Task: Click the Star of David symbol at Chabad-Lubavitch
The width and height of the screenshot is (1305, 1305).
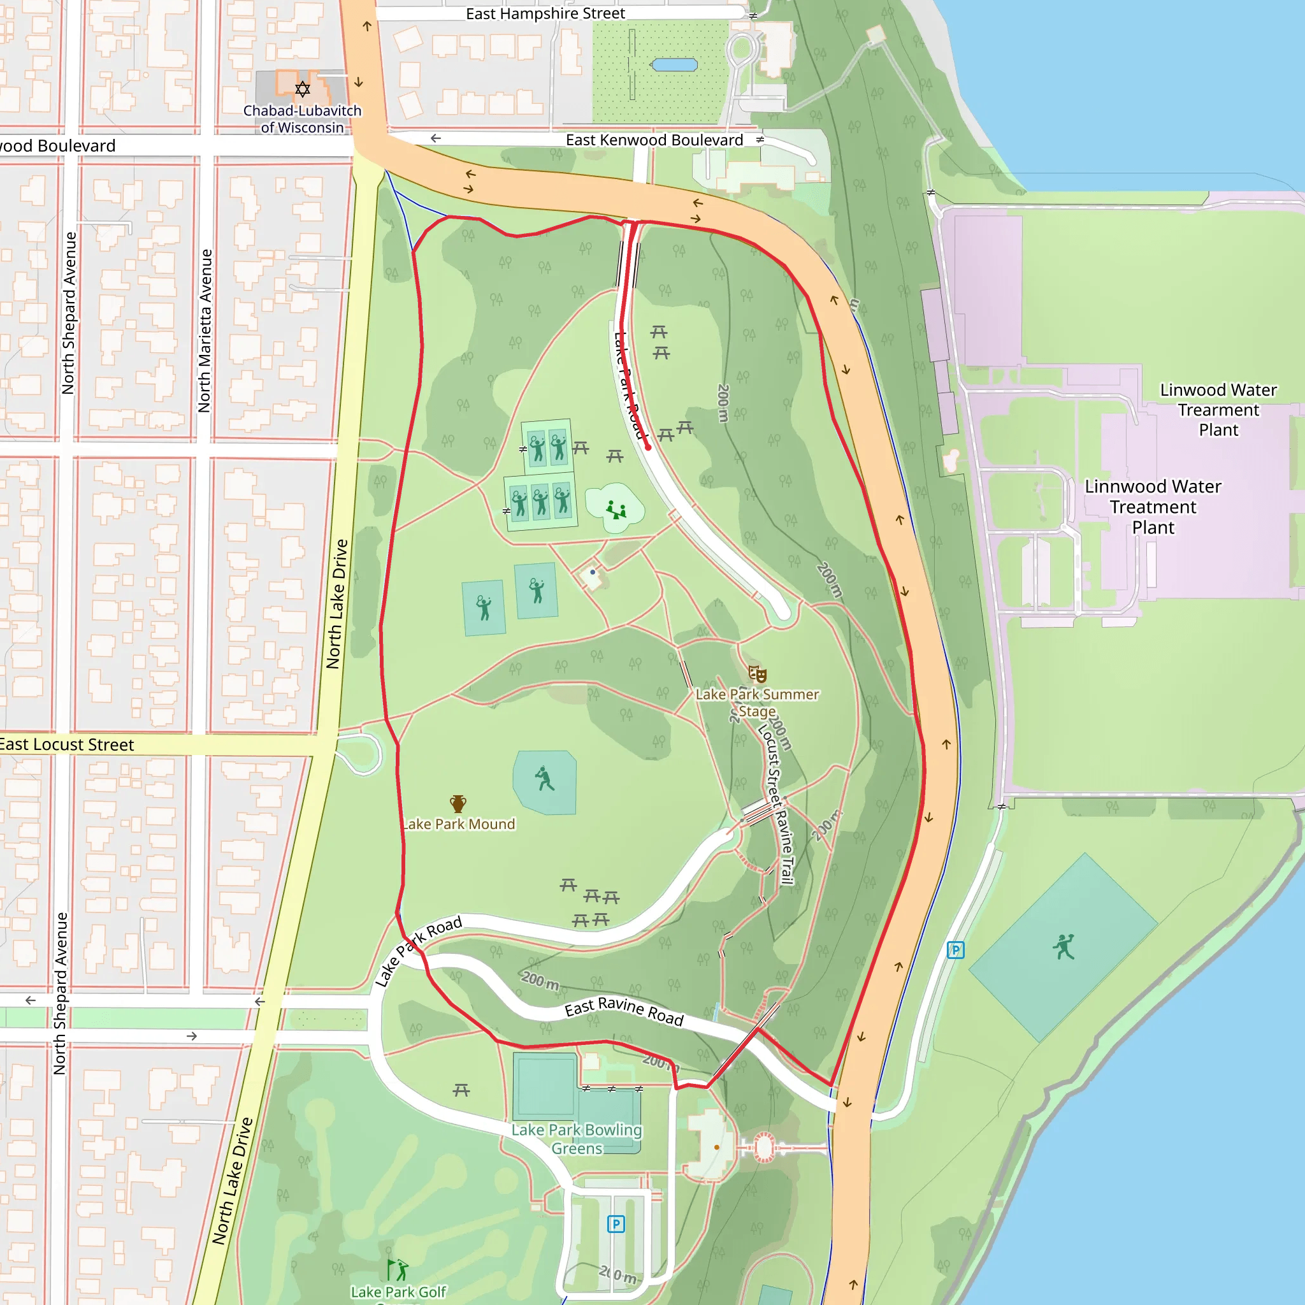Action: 303,89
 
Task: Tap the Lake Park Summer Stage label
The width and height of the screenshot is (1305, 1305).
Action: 756,702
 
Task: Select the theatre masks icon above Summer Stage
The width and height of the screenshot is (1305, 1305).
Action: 757,674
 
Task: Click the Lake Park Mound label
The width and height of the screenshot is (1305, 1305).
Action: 459,824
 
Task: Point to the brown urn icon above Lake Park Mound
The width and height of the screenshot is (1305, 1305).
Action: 458,803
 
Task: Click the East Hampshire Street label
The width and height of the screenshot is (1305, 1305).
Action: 545,13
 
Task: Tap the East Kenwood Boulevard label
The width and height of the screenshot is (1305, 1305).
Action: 654,140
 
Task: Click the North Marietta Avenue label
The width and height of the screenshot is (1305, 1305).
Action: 205,330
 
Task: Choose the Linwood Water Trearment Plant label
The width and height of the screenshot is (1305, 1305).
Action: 1218,409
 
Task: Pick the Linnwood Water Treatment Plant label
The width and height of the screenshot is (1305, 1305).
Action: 1152,507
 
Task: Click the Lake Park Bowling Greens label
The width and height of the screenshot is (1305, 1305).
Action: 576,1138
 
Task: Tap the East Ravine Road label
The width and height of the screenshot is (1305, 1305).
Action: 623,1011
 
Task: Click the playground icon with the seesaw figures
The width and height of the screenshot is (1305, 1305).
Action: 616,509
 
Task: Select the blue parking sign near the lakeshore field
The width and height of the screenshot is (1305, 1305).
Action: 955,949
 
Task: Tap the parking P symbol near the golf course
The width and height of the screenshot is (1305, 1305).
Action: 616,1224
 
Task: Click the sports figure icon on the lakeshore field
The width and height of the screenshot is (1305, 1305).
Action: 1063,946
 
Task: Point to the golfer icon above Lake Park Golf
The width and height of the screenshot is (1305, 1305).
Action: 397,1270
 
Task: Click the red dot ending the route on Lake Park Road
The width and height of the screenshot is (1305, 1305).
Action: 648,447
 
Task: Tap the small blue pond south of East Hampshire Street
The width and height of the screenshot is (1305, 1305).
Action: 674,65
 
